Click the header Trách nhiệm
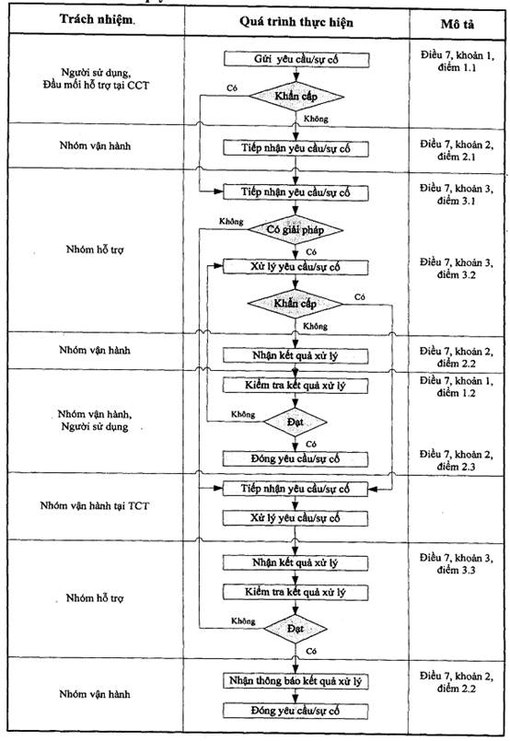[97, 19]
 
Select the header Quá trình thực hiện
[296, 22]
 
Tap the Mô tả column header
[457, 24]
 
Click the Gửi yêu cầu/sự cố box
[296, 60]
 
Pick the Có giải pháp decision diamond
[296, 230]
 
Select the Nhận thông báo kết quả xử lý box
[296, 681]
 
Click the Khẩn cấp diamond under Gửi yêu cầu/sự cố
[296, 97]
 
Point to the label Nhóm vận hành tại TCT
[95, 505]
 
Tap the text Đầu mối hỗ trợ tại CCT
[96, 86]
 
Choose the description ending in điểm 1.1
[457, 62]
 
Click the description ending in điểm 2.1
[457, 150]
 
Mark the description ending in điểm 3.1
[456, 195]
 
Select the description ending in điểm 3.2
[456, 269]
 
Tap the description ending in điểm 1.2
[456, 387]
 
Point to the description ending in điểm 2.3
[456, 460]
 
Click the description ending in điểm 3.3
[456, 563]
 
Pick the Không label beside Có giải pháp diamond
[231, 221]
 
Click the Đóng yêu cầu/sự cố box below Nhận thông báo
[296, 711]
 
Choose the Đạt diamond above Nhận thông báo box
[296, 629]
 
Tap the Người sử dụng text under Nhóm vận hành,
[95, 427]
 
